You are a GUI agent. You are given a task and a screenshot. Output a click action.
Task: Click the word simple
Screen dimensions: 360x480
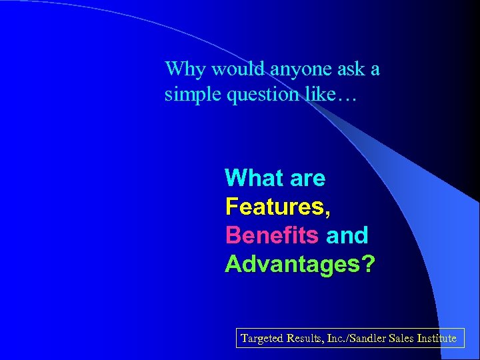coord(193,95)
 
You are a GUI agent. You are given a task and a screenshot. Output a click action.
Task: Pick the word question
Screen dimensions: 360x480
coord(262,95)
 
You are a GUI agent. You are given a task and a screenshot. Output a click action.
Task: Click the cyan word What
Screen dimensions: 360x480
coord(254,178)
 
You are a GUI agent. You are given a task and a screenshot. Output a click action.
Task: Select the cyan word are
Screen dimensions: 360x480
coord(307,178)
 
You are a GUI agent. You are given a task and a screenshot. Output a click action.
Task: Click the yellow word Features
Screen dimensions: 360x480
coord(277,207)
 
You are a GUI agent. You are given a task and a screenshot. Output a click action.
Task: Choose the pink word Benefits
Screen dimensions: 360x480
coord(272,235)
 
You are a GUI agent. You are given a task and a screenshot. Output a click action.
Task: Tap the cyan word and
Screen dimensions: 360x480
coord(347,235)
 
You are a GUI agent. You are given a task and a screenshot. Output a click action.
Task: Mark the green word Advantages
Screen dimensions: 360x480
coord(292,264)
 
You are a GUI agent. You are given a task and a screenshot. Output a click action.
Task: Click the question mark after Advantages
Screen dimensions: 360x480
coord(367,264)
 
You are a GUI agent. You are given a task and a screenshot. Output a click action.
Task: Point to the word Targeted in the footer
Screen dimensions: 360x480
coord(262,338)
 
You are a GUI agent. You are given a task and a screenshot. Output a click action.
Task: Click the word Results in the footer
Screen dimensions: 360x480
coord(305,338)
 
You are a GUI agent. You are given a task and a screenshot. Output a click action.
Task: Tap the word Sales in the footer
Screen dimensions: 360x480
coord(407,338)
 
